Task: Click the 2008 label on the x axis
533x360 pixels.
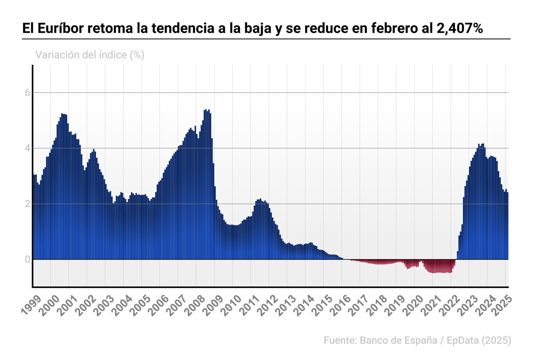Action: click(195, 305)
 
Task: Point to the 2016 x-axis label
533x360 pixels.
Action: click(341, 305)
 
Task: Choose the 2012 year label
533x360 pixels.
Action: click(268, 305)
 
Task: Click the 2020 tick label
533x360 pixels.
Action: click(414, 305)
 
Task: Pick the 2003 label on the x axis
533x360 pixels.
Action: click(104, 305)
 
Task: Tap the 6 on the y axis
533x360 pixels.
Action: click(27, 93)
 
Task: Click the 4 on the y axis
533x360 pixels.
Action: click(27, 148)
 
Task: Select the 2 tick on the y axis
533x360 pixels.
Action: click(27, 204)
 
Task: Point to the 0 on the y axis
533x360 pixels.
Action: click(27, 259)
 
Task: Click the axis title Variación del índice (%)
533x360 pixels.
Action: click(90, 55)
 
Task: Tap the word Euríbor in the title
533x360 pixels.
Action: click(60, 28)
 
